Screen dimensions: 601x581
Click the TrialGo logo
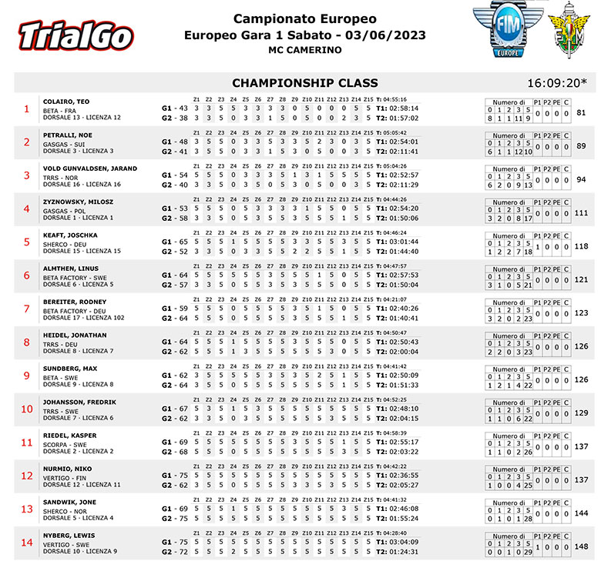pos(76,35)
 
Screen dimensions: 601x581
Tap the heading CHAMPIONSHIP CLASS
pos(305,83)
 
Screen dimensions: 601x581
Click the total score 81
pos(582,113)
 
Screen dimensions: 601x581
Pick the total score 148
pos(581,547)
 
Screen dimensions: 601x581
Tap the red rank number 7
pos(27,309)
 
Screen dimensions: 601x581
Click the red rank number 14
pos(27,543)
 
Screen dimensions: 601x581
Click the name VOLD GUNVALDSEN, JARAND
pos(89,168)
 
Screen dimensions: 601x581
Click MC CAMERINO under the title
pos(304,51)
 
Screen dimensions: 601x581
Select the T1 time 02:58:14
pos(403,109)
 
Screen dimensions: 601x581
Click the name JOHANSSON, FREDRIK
pos(79,402)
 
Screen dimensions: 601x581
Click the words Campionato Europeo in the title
pos(305,18)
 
